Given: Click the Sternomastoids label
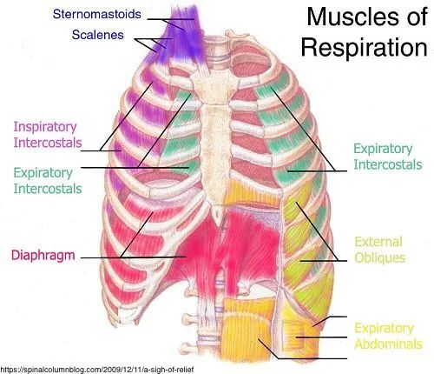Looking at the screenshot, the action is click(97, 14).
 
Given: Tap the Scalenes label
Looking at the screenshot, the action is click(98, 35).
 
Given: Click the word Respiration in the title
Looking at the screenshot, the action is click(365, 47).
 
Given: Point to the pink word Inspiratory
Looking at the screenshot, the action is click(45, 127).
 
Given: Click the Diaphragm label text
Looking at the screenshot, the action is click(43, 256).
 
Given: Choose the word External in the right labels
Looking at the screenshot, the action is click(378, 242).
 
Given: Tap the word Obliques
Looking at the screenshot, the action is click(380, 257).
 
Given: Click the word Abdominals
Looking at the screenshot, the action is click(388, 344).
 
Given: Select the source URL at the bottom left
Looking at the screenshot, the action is click(97, 370).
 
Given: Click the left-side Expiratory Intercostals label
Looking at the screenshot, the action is click(48, 181).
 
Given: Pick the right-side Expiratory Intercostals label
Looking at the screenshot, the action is click(388, 157).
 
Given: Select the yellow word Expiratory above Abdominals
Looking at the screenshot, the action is click(384, 328).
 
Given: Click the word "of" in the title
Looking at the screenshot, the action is click(417, 17).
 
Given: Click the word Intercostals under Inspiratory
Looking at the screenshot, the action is click(48, 143).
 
